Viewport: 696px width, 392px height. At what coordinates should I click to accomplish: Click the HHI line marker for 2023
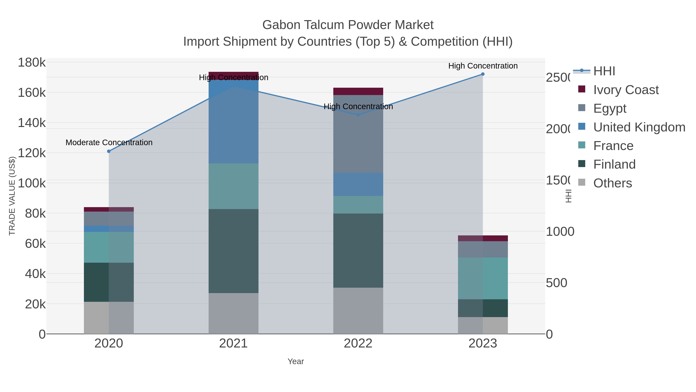click(483, 74)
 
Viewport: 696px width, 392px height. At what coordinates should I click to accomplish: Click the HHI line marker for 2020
click(109, 151)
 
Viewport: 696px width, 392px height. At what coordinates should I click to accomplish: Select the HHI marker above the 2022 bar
click(358, 115)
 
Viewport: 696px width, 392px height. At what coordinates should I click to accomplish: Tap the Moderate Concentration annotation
click(109, 142)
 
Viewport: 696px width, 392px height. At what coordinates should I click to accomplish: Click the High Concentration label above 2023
click(483, 66)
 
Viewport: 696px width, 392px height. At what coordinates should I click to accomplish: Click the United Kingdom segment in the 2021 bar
click(233, 122)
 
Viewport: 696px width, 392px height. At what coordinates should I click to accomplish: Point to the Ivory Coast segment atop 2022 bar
click(358, 91)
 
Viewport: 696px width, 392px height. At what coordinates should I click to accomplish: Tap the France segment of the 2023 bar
click(483, 278)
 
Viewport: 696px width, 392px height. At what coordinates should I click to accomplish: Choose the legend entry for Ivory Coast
click(626, 90)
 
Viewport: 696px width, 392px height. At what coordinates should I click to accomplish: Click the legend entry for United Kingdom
click(639, 127)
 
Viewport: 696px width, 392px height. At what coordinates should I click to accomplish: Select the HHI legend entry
click(604, 71)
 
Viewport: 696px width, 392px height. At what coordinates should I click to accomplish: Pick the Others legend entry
click(612, 183)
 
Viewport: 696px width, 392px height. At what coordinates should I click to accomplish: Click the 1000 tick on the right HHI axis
click(560, 232)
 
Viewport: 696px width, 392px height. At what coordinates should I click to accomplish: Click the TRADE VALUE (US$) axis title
click(12, 196)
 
